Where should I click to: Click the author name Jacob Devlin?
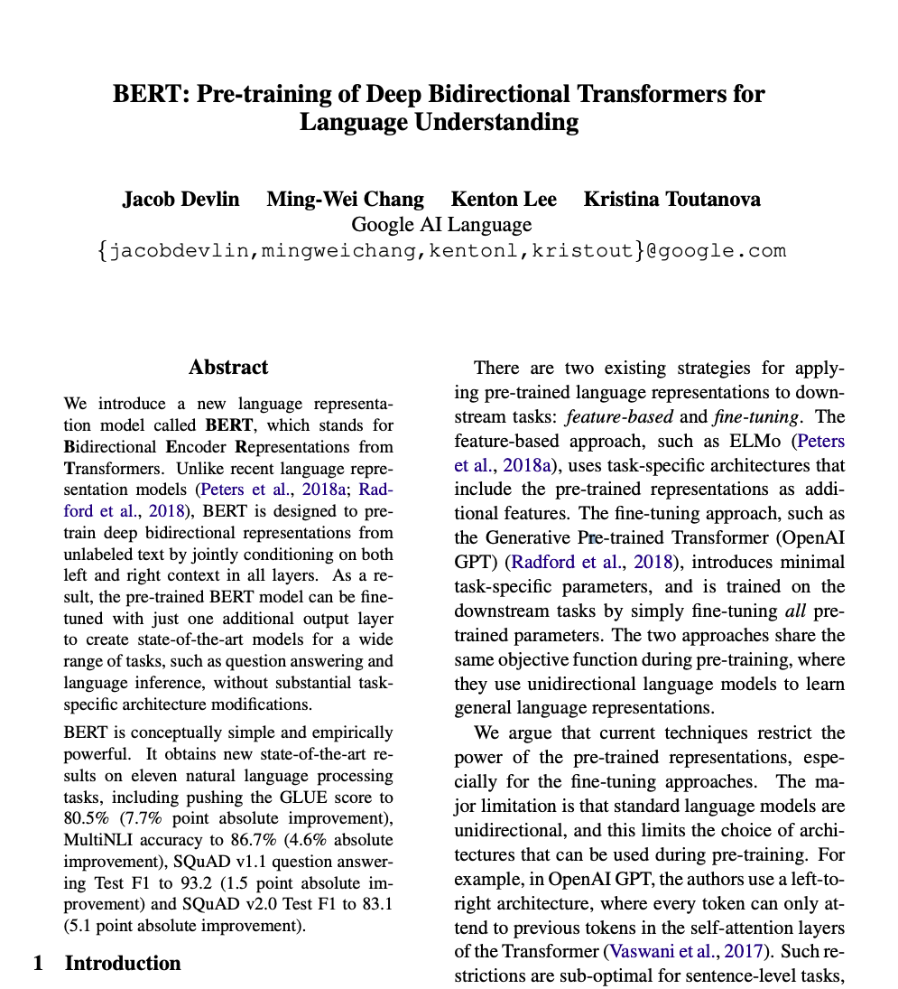(x=181, y=200)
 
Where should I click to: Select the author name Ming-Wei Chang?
(x=345, y=200)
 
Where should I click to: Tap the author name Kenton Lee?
(x=504, y=200)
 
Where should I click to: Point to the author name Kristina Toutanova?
(x=671, y=200)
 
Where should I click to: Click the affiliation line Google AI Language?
(x=441, y=224)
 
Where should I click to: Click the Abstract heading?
(x=228, y=368)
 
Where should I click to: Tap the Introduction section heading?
(x=123, y=963)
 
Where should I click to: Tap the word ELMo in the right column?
(x=753, y=442)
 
